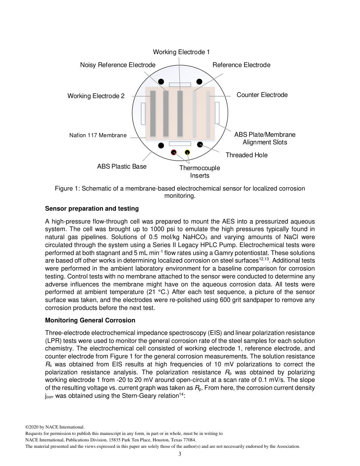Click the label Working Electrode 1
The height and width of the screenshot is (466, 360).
[181, 52]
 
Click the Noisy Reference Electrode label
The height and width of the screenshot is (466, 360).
[117, 65]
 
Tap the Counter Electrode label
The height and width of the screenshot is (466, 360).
[262, 95]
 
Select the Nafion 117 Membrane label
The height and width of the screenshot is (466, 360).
[98, 135]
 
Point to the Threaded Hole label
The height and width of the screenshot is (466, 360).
[246, 155]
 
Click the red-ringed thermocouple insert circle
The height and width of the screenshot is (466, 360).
[174, 152]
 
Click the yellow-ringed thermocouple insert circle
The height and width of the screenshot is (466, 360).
[187, 152]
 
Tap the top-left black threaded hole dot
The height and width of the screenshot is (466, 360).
[161, 81]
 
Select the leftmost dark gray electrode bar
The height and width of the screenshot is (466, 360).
[153, 113]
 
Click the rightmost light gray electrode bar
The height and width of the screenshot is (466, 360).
[208, 114]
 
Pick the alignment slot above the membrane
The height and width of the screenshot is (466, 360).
[180, 84]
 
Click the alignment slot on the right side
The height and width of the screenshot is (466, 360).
[217, 113]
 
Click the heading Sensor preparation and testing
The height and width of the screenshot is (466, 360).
[92, 209]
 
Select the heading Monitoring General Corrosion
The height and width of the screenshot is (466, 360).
[90, 320]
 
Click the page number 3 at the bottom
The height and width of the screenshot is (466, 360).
[180, 454]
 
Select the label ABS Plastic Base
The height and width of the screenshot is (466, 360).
[122, 166]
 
